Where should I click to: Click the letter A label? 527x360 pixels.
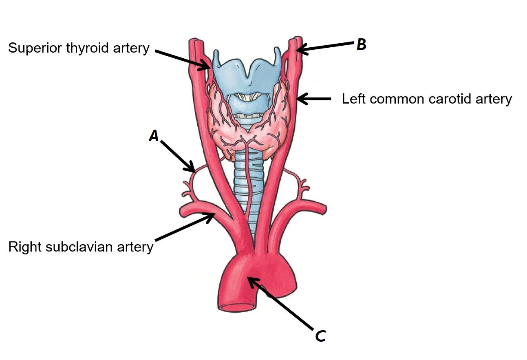(154, 135)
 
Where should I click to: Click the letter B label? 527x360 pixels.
(361, 45)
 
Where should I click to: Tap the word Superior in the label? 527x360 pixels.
(34, 48)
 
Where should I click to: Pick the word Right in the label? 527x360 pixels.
(23, 247)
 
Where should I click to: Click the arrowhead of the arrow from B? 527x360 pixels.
(299, 50)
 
